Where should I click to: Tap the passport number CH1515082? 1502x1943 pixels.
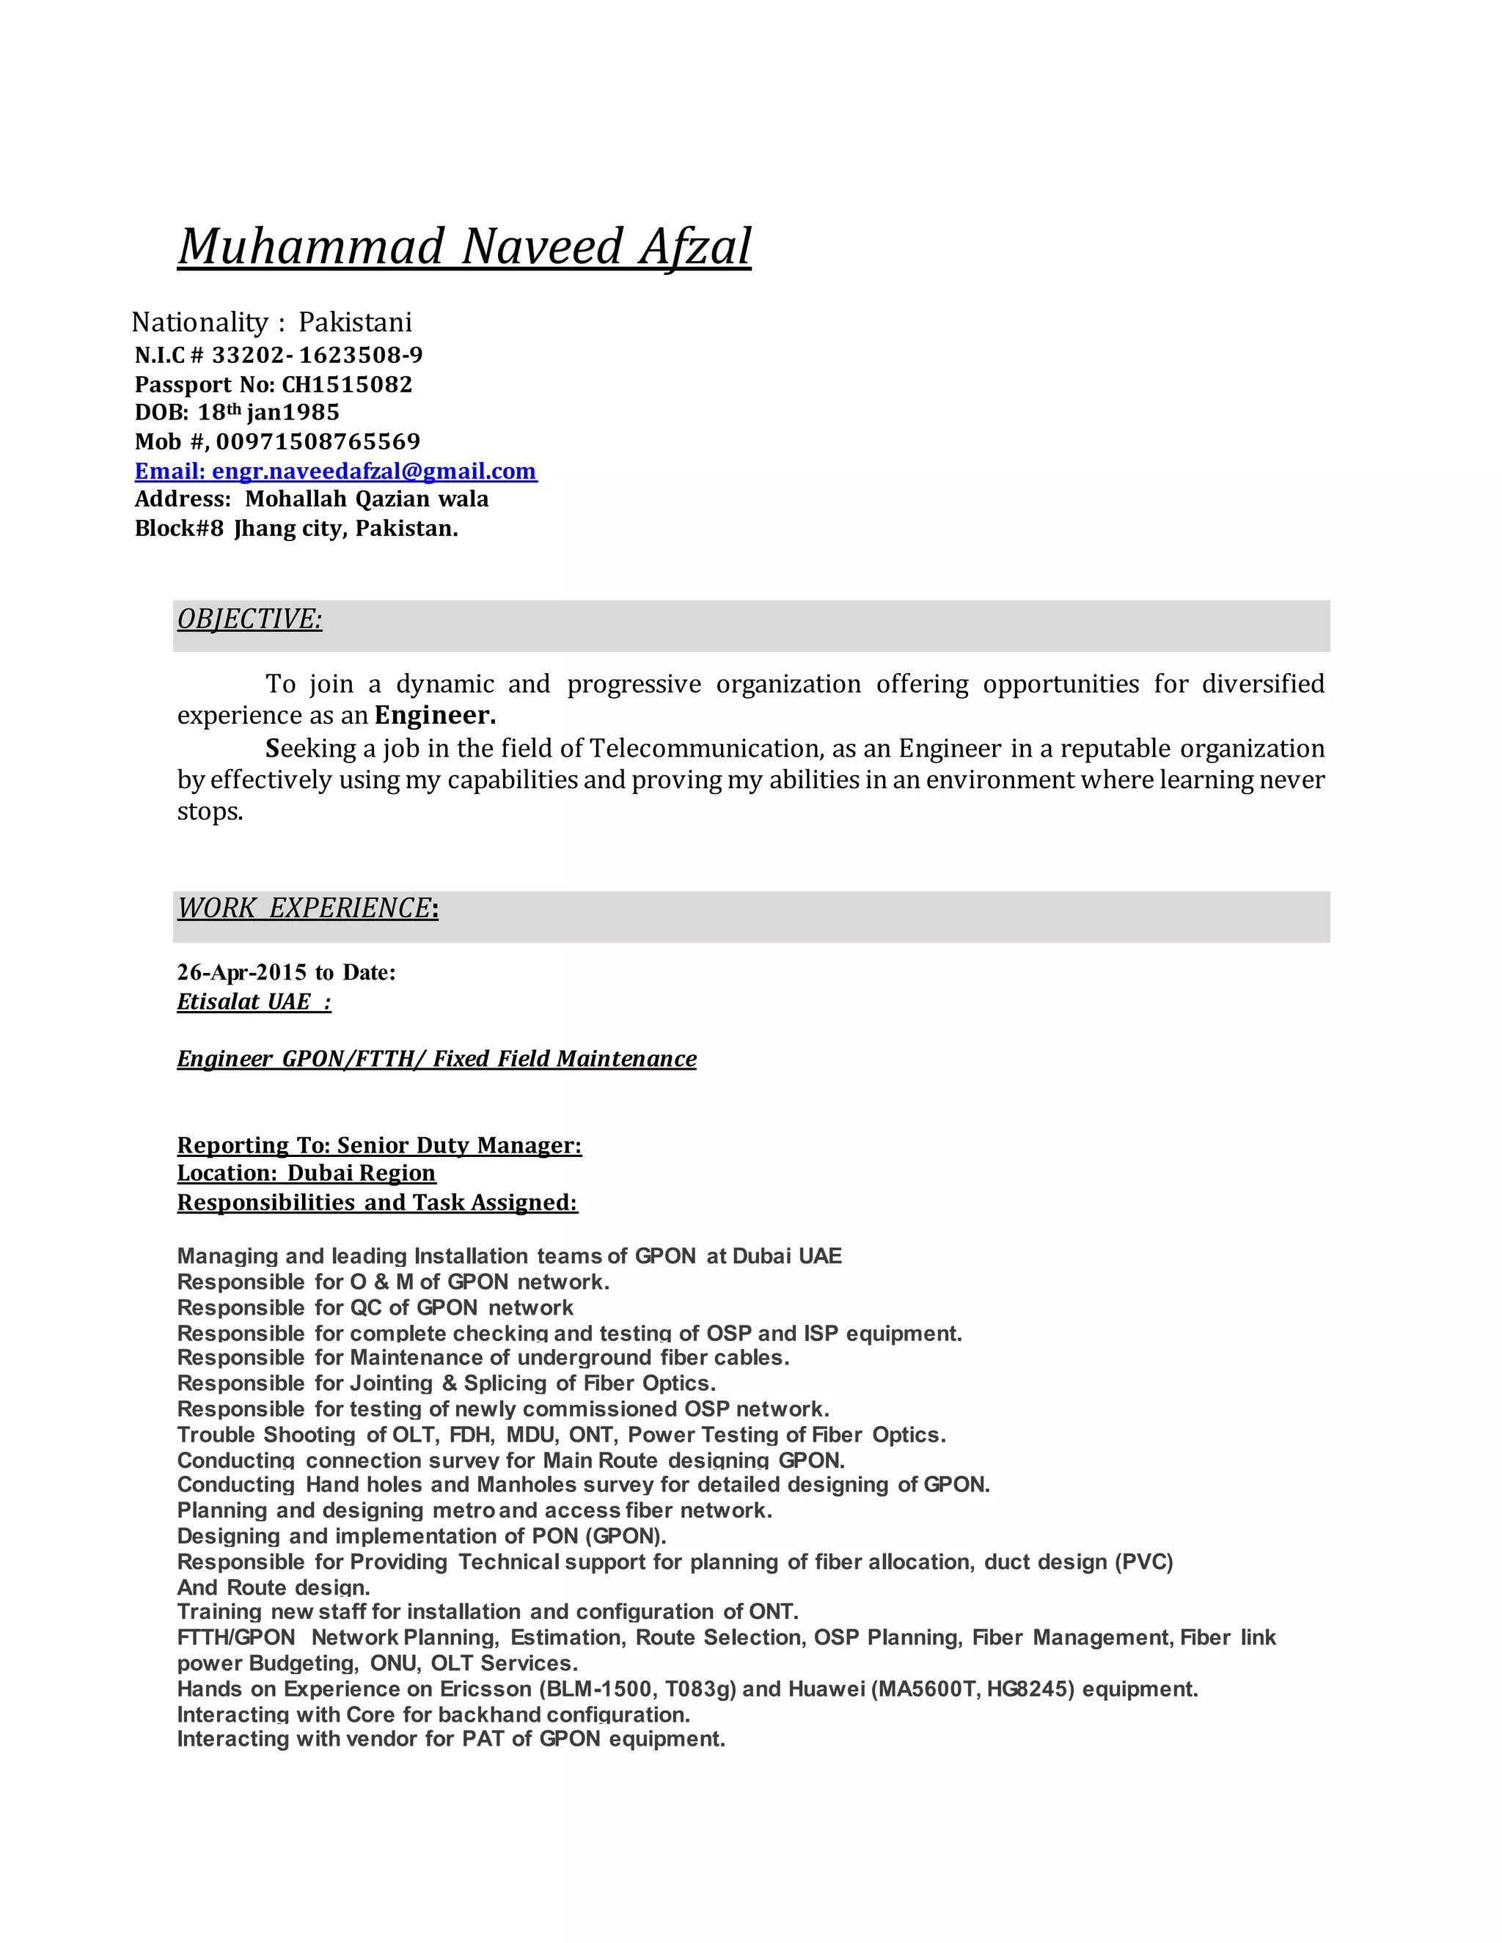(x=347, y=384)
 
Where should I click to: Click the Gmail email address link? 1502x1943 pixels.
(x=374, y=471)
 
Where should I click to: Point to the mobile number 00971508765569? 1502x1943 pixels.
(x=318, y=441)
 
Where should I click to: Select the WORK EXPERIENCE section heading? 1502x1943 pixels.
(x=305, y=908)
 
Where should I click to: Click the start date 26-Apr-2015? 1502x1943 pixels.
(x=241, y=972)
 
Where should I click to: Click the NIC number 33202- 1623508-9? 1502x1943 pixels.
(x=317, y=355)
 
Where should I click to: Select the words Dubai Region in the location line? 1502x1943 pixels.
(x=362, y=1172)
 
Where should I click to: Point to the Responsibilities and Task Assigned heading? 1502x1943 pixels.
(x=377, y=1202)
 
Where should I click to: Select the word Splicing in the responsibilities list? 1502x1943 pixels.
(x=505, y=1383)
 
